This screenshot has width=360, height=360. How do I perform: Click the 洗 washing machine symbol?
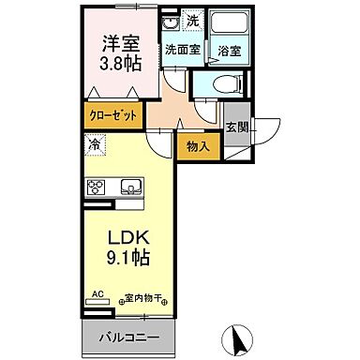click(x=192, y=21)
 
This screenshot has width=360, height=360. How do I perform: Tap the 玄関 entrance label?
click(x=235, y=127)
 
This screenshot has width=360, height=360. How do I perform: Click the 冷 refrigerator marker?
click(x=94, y=144)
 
